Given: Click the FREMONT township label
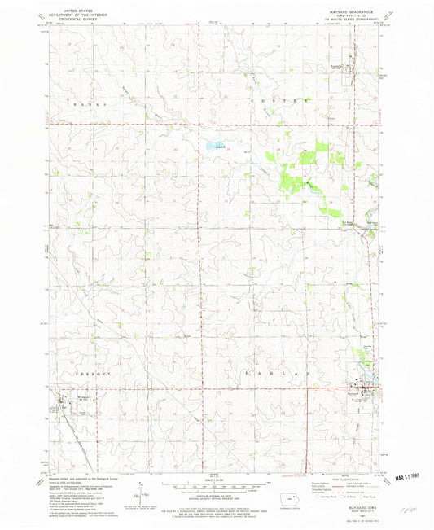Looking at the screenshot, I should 78,370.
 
